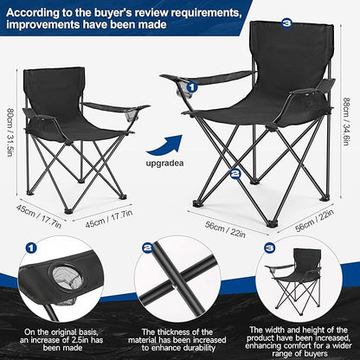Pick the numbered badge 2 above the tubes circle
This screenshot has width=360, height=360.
click(x=148, y=247)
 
